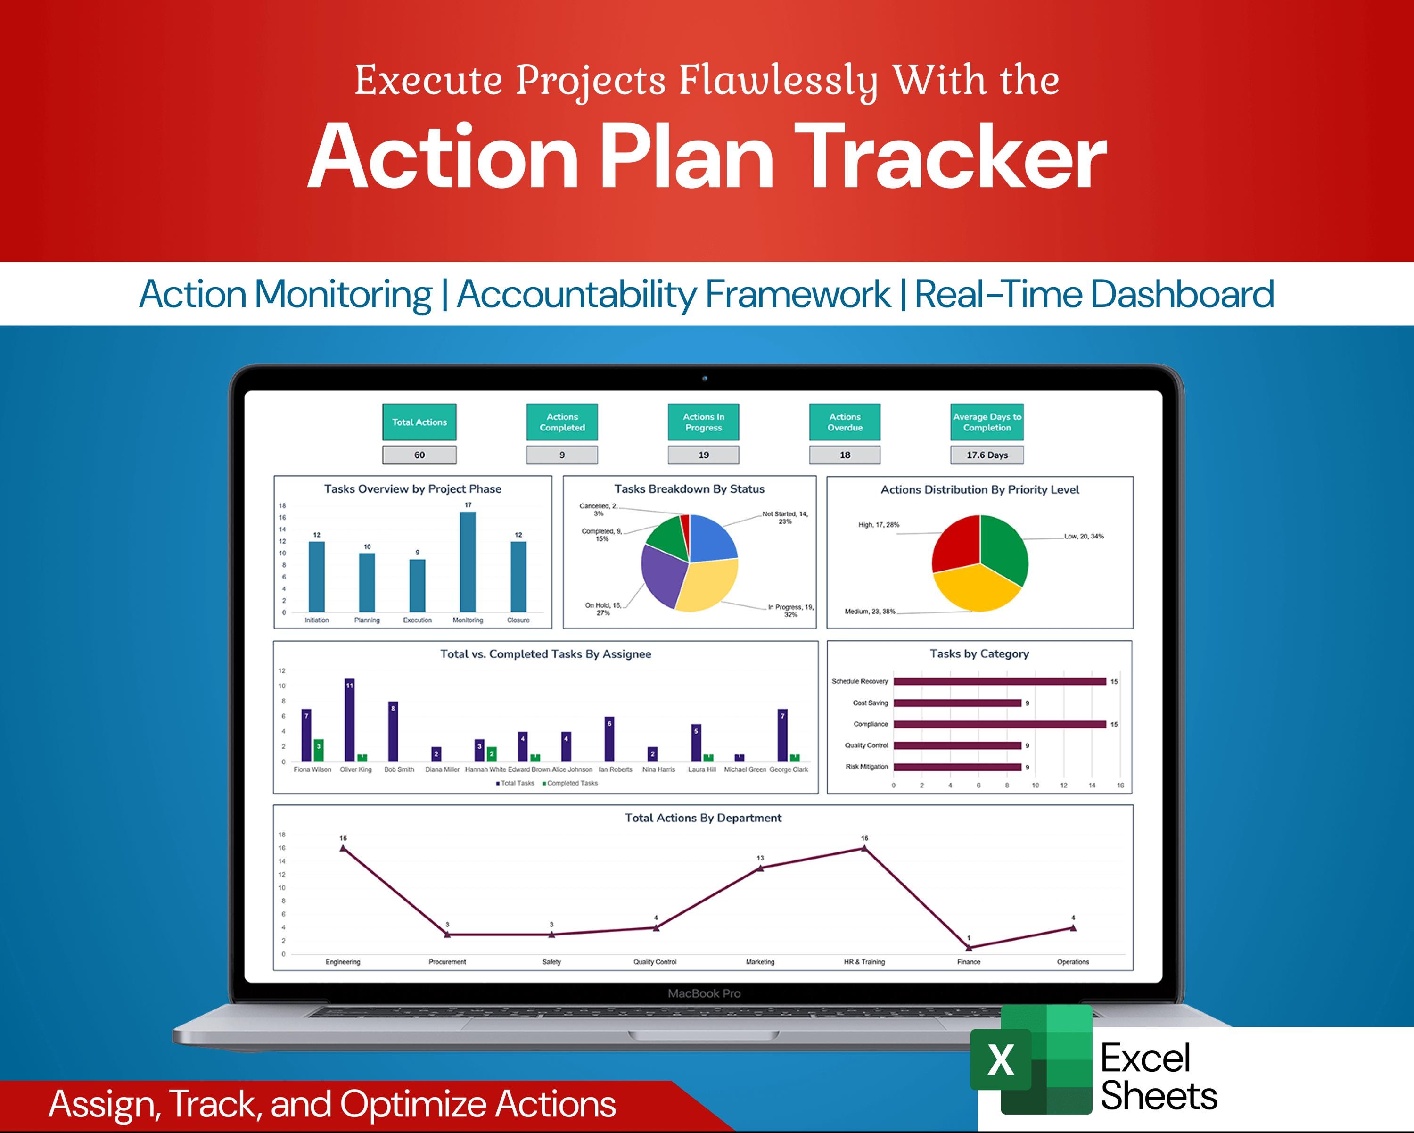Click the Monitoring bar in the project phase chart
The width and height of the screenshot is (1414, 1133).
[x=468, y=562]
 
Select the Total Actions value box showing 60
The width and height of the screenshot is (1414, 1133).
[x=419, y=455]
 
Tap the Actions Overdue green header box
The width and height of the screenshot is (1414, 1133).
[x=845, y=422]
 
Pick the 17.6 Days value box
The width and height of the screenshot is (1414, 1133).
[x=987, y=455]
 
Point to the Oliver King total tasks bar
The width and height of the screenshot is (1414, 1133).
[x=350, y=719]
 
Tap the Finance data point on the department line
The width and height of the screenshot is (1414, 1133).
[x=969, y=947]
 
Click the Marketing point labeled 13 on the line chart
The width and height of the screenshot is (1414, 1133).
[x=760, y=868]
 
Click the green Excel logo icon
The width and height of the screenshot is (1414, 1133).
[x=1031, y=1059]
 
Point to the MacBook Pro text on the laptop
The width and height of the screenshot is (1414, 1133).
[x=704, y=993]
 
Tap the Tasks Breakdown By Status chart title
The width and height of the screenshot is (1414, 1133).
[x=689, y=489]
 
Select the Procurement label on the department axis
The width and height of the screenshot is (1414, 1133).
[x=447, y=962]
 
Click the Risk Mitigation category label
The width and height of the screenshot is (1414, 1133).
[x=866, y=766]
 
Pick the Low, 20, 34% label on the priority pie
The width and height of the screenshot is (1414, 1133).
[x=1084, y=536]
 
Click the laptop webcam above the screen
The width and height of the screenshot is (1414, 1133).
[x=705, y=379]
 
